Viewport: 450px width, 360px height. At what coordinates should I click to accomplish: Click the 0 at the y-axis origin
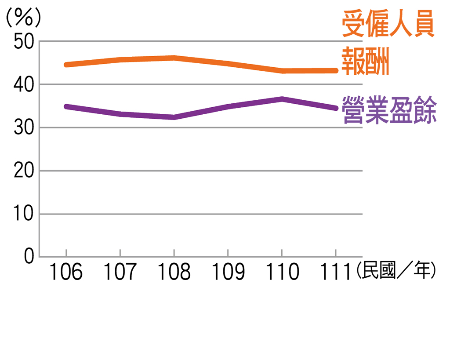point(29,257)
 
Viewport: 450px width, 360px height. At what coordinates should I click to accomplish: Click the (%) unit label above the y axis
point(23,18)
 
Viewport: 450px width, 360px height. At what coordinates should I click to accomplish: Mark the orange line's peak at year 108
point(174,58)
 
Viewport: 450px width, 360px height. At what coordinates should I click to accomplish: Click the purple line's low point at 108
point(174,117)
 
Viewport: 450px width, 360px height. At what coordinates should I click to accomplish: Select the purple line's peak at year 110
point(282,99)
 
